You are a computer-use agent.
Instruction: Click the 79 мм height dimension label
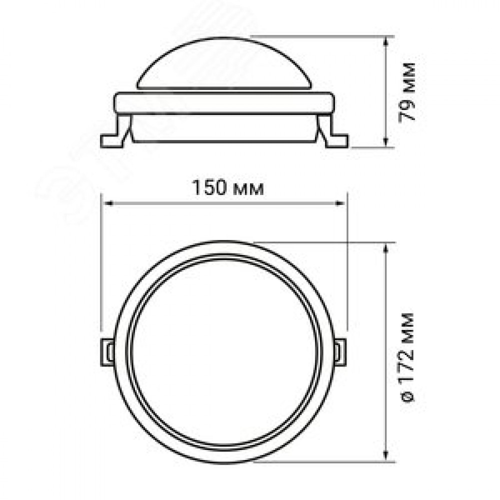coord(408,92)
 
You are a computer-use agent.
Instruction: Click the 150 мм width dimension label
coord(227,188)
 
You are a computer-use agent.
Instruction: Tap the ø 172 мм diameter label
coord(408,358)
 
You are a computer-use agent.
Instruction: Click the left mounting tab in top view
coord(107,352)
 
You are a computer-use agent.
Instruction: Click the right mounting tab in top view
coord(340,352)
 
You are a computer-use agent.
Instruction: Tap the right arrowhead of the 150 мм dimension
coord(339,203)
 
